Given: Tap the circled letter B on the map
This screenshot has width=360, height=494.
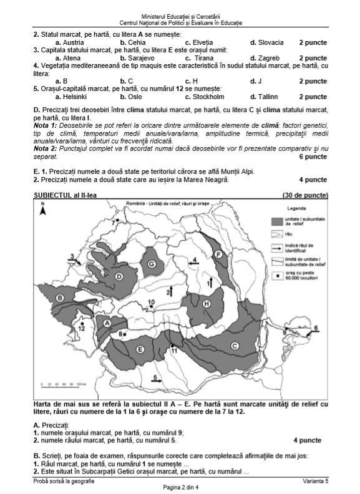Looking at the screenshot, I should (60, 299).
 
